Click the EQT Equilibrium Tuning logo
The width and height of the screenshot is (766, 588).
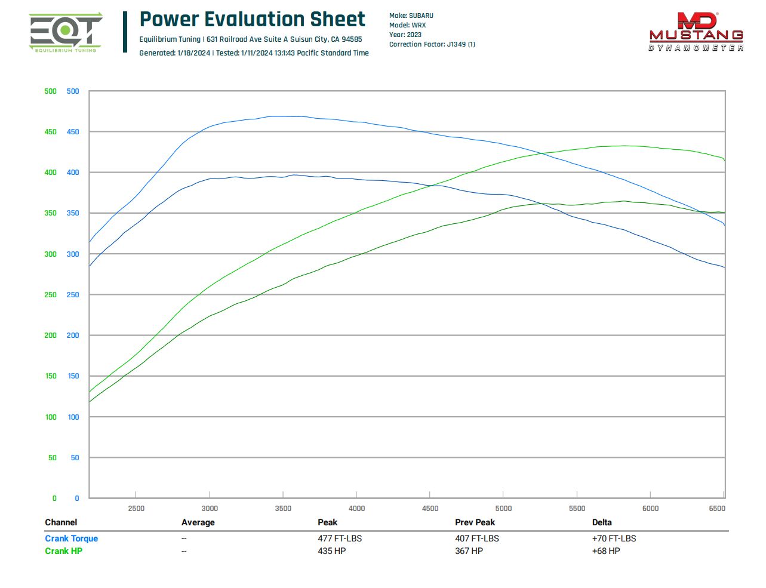coord(65,33)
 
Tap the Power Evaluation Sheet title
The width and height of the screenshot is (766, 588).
coord(252,19)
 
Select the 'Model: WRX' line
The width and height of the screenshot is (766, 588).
coord(407,25)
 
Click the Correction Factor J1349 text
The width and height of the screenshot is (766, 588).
coord(432,44)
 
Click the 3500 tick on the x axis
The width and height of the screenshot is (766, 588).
coord(283,509)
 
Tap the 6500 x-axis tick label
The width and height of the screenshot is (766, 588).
coord(716,509)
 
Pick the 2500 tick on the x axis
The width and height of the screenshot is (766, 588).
coord(136,509)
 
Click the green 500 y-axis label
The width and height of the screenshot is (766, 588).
coord(50,91)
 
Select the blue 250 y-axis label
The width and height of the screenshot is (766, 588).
coord(73,295)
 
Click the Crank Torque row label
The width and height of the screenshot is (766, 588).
coord(71,538)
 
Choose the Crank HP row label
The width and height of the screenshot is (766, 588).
coord(63,551)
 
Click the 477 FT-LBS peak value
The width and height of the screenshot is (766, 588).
coord(340,538)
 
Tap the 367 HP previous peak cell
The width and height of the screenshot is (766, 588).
coord(469,551)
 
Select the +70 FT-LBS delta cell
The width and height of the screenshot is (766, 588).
coord(614,538)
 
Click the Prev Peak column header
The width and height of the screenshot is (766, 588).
coord(475,522)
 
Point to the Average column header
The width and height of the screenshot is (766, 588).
coord(198,522)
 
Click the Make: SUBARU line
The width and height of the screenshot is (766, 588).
coord(411,16)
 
